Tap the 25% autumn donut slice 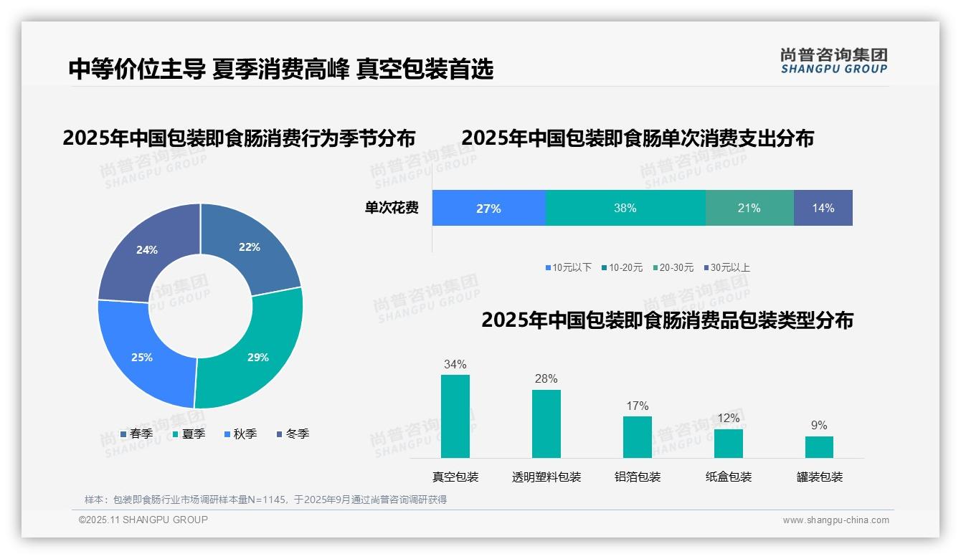point(141,356)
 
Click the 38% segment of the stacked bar point(625,208)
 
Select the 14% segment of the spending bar point(823,208)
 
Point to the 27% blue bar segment point(488,208)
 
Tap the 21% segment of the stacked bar point(749,208)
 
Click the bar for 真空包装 point(455,416)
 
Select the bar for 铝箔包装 point(637,437)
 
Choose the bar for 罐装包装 point(819,447)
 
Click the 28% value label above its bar point(546,379)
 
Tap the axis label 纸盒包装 point(729,477)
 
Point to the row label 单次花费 point(392,208)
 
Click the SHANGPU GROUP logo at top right point(833,60)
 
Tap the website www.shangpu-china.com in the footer point(835,520)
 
